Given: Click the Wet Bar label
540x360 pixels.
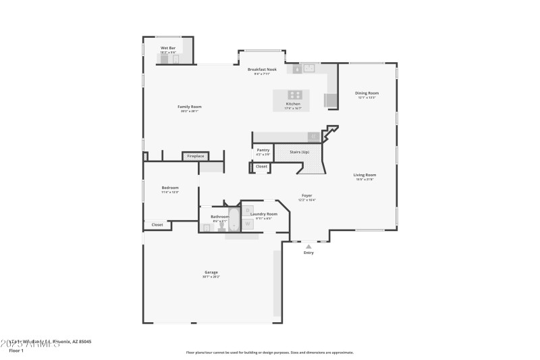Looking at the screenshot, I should tap(168, 48).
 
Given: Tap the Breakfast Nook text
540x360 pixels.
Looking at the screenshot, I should tap(262, 70).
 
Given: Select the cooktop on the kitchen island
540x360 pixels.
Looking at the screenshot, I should tap(295, 95).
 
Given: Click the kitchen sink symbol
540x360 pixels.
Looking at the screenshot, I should tap(308, 68).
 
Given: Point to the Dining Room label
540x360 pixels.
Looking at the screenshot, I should tap(367, 93).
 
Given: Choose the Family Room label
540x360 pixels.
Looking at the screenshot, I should tap(190, 107).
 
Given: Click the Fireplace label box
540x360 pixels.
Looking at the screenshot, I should tap(195, 156).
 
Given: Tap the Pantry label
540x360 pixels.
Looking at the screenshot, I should tap(263, 150).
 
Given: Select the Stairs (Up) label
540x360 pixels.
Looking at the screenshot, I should tap(299, 152).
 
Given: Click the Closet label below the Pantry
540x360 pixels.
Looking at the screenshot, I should tap(261, 166).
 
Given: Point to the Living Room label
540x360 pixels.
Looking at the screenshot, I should tap(364, 175).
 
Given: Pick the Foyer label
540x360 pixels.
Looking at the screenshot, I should tap(306, 195).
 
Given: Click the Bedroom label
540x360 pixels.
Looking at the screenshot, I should tap(170, 188).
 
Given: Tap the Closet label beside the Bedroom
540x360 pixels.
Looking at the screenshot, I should tap(157, 224).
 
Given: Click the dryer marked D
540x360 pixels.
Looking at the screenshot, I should tap(248, 210).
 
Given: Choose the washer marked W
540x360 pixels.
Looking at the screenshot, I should tap(248, 223).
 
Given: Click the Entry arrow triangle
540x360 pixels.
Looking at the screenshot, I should tap(308, 247).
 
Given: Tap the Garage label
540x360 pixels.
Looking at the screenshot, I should tap(211, 272).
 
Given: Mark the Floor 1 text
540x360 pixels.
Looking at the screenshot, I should tap(16, 351).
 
